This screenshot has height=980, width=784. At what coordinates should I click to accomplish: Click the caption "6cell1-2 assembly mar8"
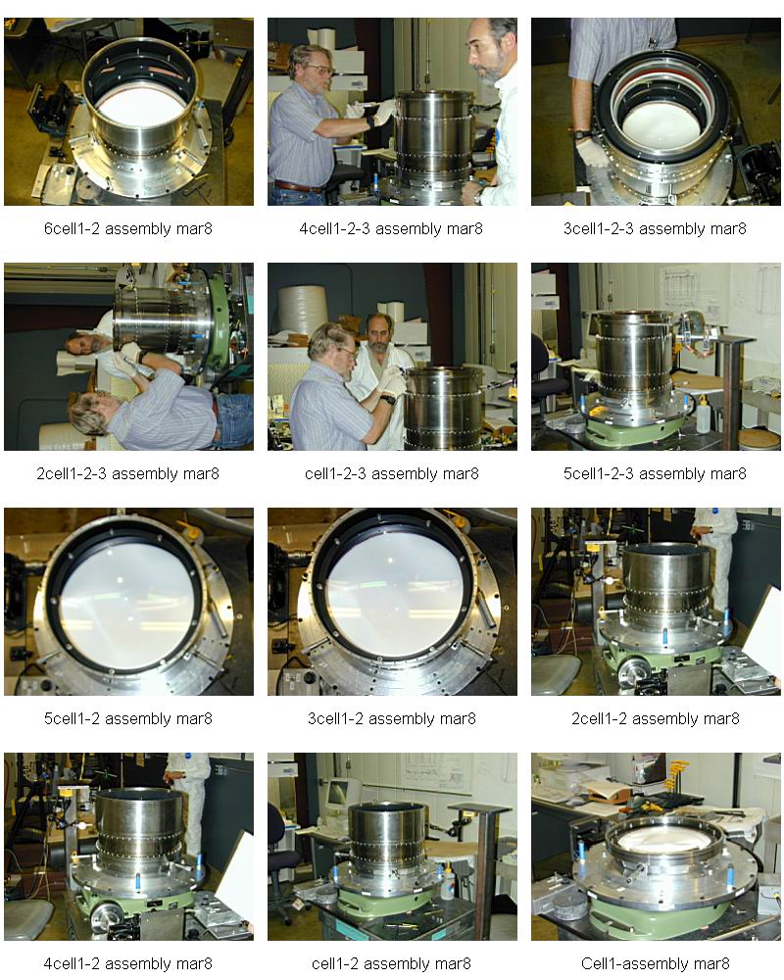[x=128, y=228]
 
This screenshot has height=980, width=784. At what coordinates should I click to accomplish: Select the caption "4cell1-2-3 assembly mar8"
[x=391, y=228]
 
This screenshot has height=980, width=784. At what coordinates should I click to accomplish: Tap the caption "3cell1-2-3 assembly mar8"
[x=656, y=228]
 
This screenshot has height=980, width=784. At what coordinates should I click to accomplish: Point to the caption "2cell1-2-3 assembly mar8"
[x=128, y=473]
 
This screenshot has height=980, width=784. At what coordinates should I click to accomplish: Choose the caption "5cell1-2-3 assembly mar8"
[x=656, y=473]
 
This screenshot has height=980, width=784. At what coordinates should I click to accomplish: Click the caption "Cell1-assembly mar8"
[x=656, y=963]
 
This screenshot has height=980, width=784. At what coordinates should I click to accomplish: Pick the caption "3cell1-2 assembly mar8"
[x=391, y=718]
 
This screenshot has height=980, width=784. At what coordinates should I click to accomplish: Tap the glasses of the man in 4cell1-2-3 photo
[x=318, y=70]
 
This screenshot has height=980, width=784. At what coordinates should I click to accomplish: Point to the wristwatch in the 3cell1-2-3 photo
[x=581, y=133]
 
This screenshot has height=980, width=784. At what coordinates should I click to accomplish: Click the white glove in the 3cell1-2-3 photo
[x=591, y=153]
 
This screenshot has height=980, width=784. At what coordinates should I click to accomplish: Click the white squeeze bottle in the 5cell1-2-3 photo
[x=703, y=414]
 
